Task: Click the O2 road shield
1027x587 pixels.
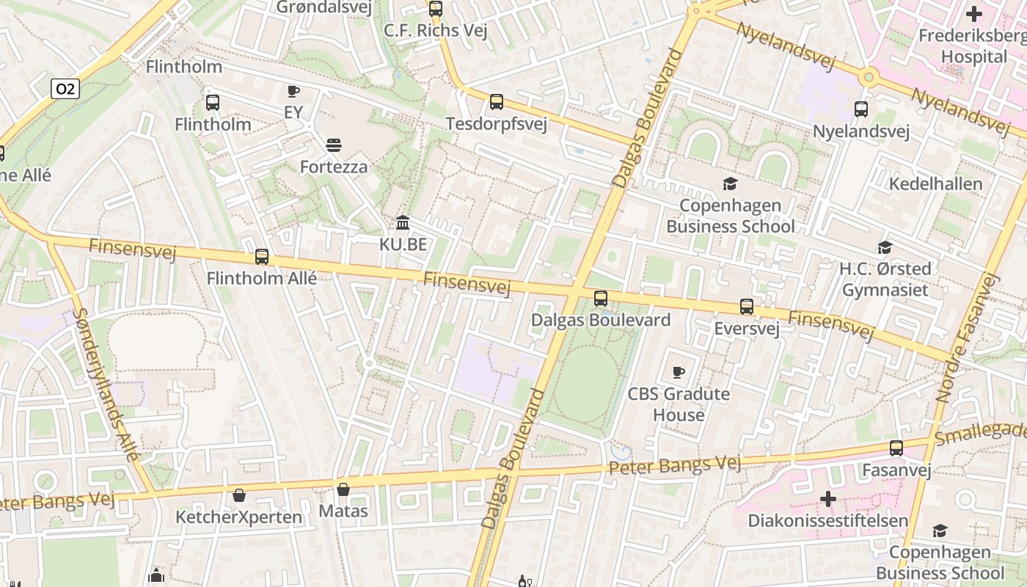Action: tap(65, 89)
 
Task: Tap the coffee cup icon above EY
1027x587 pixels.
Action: tap(293, 92)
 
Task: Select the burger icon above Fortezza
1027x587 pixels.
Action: tap(334, 145)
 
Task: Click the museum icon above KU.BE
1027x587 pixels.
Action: tap(403, 222)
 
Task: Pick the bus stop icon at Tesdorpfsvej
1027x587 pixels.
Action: tap(497, 102)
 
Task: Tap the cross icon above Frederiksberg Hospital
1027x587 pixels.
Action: tap(974, 14)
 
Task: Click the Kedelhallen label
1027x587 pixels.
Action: tap(935, 183)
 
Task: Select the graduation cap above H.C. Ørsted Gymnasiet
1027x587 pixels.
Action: tap(885, 248)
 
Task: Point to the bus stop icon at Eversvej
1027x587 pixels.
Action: tap(747, 307)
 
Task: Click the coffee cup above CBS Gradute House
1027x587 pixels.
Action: tap(679, 372)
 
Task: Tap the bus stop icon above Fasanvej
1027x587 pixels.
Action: tap(896, 448)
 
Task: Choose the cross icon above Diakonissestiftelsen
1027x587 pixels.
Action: tap(828, 500)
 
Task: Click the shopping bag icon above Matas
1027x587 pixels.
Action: tap(343, 489)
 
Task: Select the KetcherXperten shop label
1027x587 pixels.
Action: tap(238, 517)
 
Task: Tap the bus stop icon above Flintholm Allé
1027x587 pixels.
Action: tap(262, 257)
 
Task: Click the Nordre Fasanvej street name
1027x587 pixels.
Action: tap(968, 338)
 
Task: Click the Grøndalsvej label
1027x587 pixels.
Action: tap(324, 7)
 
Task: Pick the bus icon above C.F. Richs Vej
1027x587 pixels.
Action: tap(436, 9)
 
